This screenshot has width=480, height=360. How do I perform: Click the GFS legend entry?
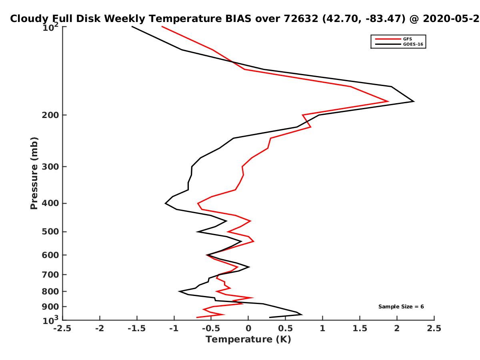click(393, 39)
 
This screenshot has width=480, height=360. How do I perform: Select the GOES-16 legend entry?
click(399, 44)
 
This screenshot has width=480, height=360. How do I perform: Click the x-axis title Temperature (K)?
click(248, 339)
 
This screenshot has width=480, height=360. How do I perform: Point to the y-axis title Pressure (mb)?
click(34, 173)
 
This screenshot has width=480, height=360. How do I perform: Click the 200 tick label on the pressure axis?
click(50, 115)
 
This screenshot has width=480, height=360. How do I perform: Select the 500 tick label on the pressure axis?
click(50, 232)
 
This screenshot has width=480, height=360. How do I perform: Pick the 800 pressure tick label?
click(50, 291)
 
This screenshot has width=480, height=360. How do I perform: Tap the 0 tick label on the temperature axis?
click(248, 328)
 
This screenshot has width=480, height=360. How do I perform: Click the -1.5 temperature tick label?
click(137, 328)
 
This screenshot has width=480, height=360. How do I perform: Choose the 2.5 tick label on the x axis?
click(434, 328)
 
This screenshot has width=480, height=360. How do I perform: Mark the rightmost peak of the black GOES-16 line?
click(414, 101)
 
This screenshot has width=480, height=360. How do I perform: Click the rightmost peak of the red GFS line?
click(388, 101)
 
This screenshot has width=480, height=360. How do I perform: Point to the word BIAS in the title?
click(238, 19)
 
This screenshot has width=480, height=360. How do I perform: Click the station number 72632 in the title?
click(301, 19)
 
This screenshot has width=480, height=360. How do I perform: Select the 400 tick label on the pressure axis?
click(50, 203)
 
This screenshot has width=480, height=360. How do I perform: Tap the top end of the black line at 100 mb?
click(132, 27)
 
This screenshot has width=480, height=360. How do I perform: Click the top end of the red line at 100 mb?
click(162, 27)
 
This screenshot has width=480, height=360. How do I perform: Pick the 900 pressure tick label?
click(50, 307)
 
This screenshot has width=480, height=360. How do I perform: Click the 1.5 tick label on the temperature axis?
click(360, 328)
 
